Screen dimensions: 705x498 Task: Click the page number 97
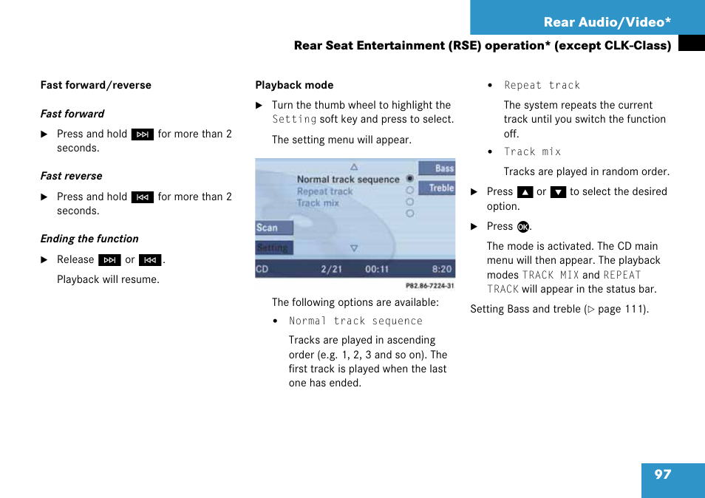(663, 474)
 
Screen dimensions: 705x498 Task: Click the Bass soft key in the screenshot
(437, 168)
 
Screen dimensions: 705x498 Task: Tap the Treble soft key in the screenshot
(437, 188)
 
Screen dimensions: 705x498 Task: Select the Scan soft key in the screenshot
(274, 228)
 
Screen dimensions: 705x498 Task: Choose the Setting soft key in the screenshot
(274, 248)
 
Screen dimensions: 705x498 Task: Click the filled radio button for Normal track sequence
(409, 178)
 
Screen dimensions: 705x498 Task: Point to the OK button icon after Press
(523, 227)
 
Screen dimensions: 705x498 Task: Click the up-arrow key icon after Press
(525, 192)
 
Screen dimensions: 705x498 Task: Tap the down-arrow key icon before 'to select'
(558, 192)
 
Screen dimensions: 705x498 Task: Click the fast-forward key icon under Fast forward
(143, 134)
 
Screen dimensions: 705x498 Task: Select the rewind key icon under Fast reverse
(143, 197)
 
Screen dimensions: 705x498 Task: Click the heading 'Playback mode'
(295, 85)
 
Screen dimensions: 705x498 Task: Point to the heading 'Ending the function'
(89, 239)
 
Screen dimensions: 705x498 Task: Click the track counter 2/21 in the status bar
(331, 269)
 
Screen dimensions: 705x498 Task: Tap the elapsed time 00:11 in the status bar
(377, 269)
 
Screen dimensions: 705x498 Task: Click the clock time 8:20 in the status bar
(442, 269)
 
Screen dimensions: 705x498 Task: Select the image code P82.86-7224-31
(430, 286)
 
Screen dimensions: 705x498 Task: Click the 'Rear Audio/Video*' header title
(607, 21)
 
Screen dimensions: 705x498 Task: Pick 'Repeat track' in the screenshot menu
(324, 191)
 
